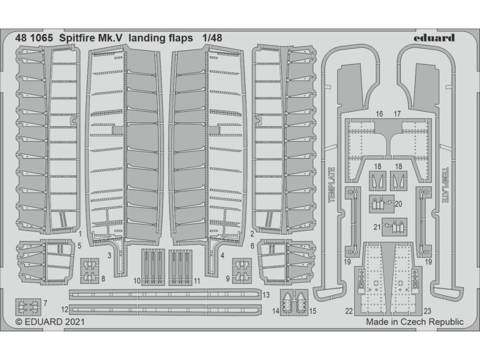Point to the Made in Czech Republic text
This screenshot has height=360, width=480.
(x=414, y=322)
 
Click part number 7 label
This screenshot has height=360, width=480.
(x=45, y=303)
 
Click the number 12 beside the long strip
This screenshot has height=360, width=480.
(x=65, y=310)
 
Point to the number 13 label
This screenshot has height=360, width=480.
(x=265, y=295)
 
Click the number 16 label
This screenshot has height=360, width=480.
(x=379, y=114)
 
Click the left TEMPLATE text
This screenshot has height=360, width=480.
(x=331, y=185)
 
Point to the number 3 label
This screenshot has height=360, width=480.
(x=109, y=255)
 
